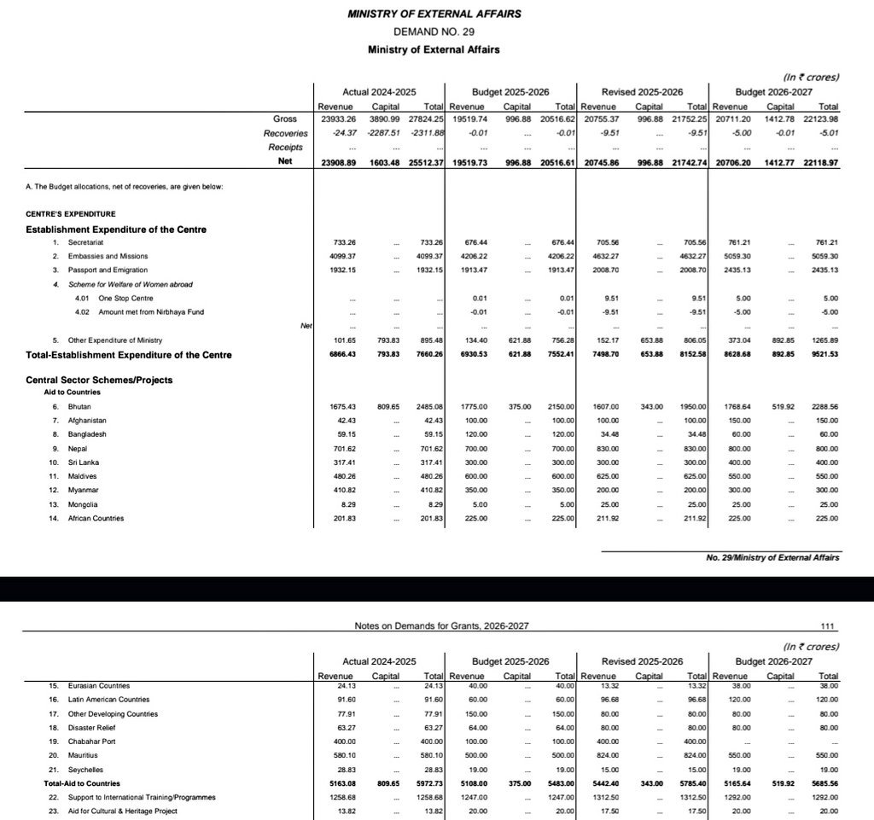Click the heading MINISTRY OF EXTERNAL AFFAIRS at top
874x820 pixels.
point(434,14)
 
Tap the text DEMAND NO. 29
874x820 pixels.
point(434,31)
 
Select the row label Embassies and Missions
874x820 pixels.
point(108,256)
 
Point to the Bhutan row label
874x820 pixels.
point(80,407)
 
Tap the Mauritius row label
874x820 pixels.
point(84,755)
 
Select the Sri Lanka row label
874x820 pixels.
point(84,462)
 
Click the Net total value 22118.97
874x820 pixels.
point(820,163)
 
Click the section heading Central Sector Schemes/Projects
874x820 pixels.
point(99,380)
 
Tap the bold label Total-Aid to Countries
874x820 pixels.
point(82,783)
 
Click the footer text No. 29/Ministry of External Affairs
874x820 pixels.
point(772,558)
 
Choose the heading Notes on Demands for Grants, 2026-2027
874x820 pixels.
point(441,625)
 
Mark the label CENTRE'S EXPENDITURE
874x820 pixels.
point(70,213)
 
